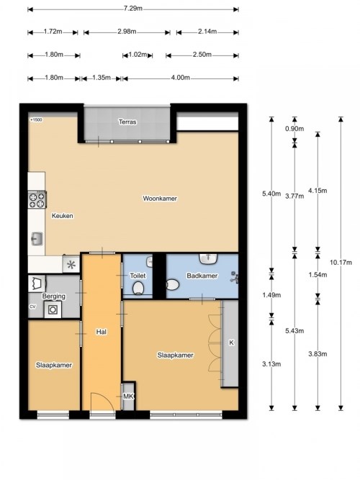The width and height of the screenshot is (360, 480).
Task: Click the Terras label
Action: coord(127,122)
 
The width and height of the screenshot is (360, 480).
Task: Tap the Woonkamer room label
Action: coord(160,199)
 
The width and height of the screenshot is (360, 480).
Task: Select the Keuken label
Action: coord(63,216)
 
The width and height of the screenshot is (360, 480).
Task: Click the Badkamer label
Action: coord(202,276)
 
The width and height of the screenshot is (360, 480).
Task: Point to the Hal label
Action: coord(102,332)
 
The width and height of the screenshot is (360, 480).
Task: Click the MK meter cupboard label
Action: coord(128,397)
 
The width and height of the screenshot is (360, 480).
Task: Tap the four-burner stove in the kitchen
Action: coord(37,200)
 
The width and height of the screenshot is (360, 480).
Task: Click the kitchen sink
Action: coord(37,239)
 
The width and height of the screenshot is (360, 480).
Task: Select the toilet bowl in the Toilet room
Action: coord(138,289)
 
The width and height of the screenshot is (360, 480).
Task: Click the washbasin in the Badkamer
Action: coord(209,258)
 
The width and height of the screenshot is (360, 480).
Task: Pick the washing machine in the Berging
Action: coord(53,309)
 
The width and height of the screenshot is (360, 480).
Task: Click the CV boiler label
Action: coord(32,307)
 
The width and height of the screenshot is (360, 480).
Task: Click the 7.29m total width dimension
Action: coord(133,9)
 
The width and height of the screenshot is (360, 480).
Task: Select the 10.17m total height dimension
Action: coord(341,263)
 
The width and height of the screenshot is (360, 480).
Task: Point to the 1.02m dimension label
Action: coord(138,55)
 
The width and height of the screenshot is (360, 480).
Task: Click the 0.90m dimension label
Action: coord(294,129)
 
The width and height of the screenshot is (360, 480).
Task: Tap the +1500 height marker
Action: coord(36,119)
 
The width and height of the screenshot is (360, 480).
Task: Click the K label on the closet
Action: coord(231,343)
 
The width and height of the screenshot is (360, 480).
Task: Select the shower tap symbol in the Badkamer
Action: coord(235,277)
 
